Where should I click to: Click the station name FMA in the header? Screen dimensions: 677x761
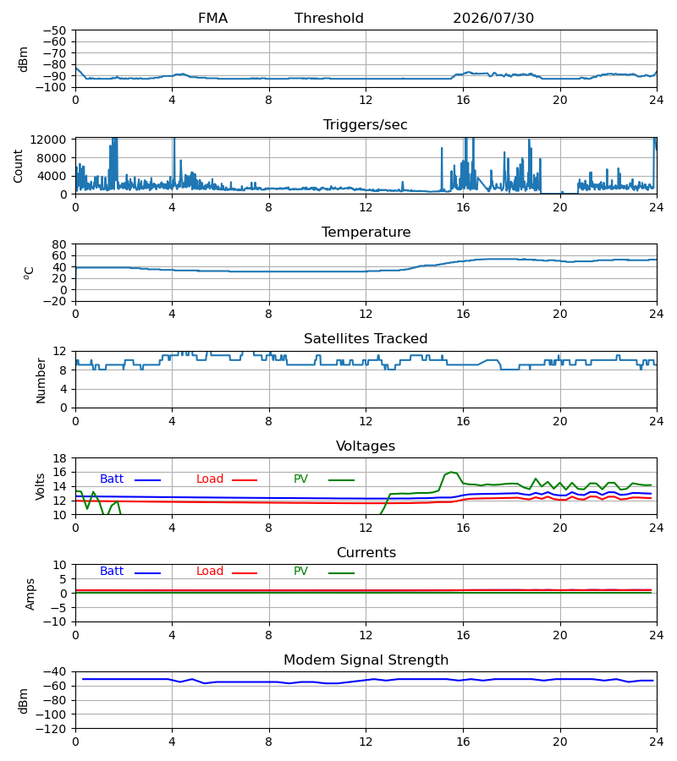point(212,18)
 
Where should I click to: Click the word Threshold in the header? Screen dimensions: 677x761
point(329,18)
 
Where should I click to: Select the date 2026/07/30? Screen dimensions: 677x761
point(493,18)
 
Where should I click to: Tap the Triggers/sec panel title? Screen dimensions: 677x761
point(366,125)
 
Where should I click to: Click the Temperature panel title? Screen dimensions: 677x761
point(366,232)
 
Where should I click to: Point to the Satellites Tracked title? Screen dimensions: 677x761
point(366,339)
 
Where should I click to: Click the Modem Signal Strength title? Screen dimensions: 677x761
point(366,660)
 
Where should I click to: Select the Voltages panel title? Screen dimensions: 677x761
point(366,446)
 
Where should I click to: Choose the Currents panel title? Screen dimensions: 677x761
point(366,553)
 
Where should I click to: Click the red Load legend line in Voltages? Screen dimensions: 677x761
point(245,480)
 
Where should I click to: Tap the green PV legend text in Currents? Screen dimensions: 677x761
point(300,572)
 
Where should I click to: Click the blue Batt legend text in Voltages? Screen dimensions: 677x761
point(112,479)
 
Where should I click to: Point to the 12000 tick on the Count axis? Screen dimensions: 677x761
point(48,140)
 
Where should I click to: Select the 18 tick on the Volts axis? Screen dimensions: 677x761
point(60,458)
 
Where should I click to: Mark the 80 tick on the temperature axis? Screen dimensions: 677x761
point(60,244)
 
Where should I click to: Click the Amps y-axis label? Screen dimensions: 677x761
point(30,594)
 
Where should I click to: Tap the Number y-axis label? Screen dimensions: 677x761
point(41,380)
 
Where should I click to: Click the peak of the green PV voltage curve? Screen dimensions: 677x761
point(451,472)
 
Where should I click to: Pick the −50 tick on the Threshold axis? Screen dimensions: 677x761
point(54,30)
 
